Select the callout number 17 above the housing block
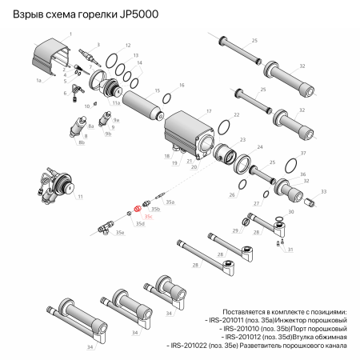coord(209,111)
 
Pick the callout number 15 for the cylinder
coord(158,91)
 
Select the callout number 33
coord(324,192)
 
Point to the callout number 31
coord(291,250)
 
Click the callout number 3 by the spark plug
coord(98,45)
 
